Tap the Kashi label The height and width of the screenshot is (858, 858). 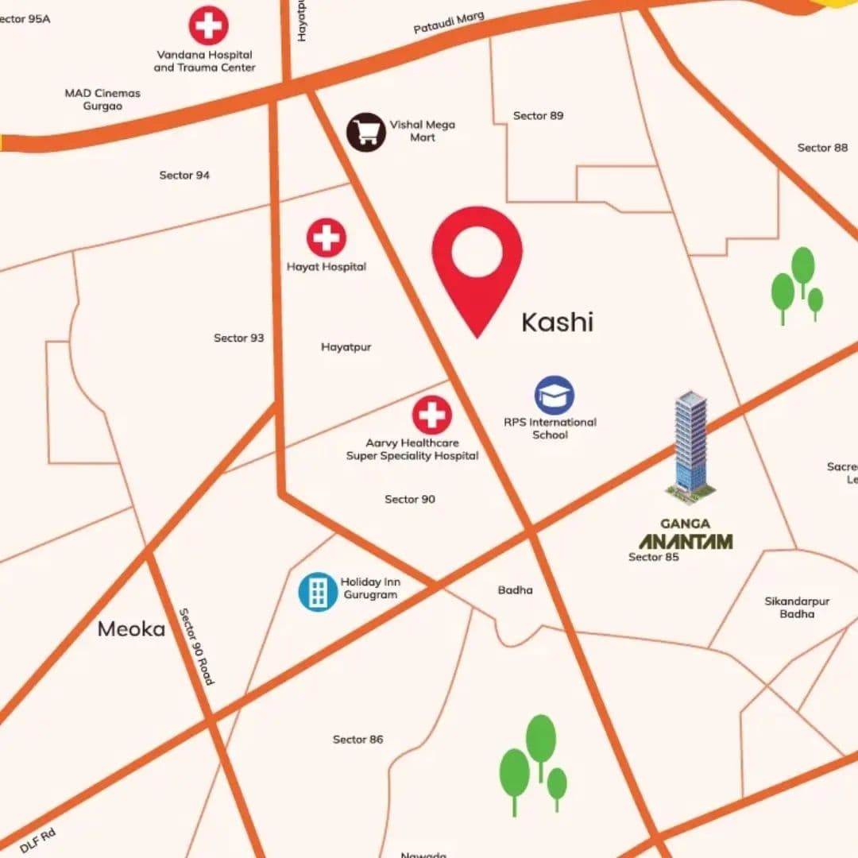(x=557, y=323)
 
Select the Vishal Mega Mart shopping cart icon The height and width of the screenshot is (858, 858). (x=366, y=132)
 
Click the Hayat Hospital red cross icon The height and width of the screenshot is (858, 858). (x=327, y=238)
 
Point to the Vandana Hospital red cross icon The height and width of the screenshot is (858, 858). (x=208, y=25)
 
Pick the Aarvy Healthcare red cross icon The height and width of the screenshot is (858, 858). (x=432, y=415)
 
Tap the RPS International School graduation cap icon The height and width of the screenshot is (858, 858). (x=555, y=396)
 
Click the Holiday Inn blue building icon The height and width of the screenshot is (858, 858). (x=318, y=592)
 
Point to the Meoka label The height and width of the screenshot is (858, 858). (x=131, y=630)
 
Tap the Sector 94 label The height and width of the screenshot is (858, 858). (x=184, y=175)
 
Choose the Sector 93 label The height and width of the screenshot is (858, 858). (x=238, y=338)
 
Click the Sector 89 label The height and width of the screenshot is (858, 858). (x=538, y=116)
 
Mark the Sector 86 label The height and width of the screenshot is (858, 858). (x=357, y=740)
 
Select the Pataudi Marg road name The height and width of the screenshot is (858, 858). (x=449, y=23)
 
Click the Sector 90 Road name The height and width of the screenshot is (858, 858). (x=196, y=647)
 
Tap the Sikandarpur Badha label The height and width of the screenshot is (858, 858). (x=796, y=608)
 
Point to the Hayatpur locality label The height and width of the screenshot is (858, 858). (x=346, y=347)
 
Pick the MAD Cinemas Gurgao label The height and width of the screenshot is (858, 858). (x=102, y=99)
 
